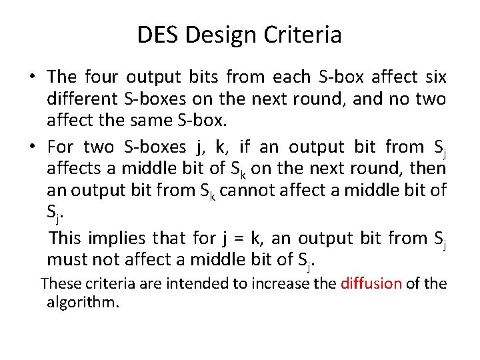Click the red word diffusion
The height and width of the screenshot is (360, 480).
coord(371,283)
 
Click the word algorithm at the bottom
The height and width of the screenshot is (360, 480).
coord(82,303)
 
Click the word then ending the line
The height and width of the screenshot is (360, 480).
coord(428,169)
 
